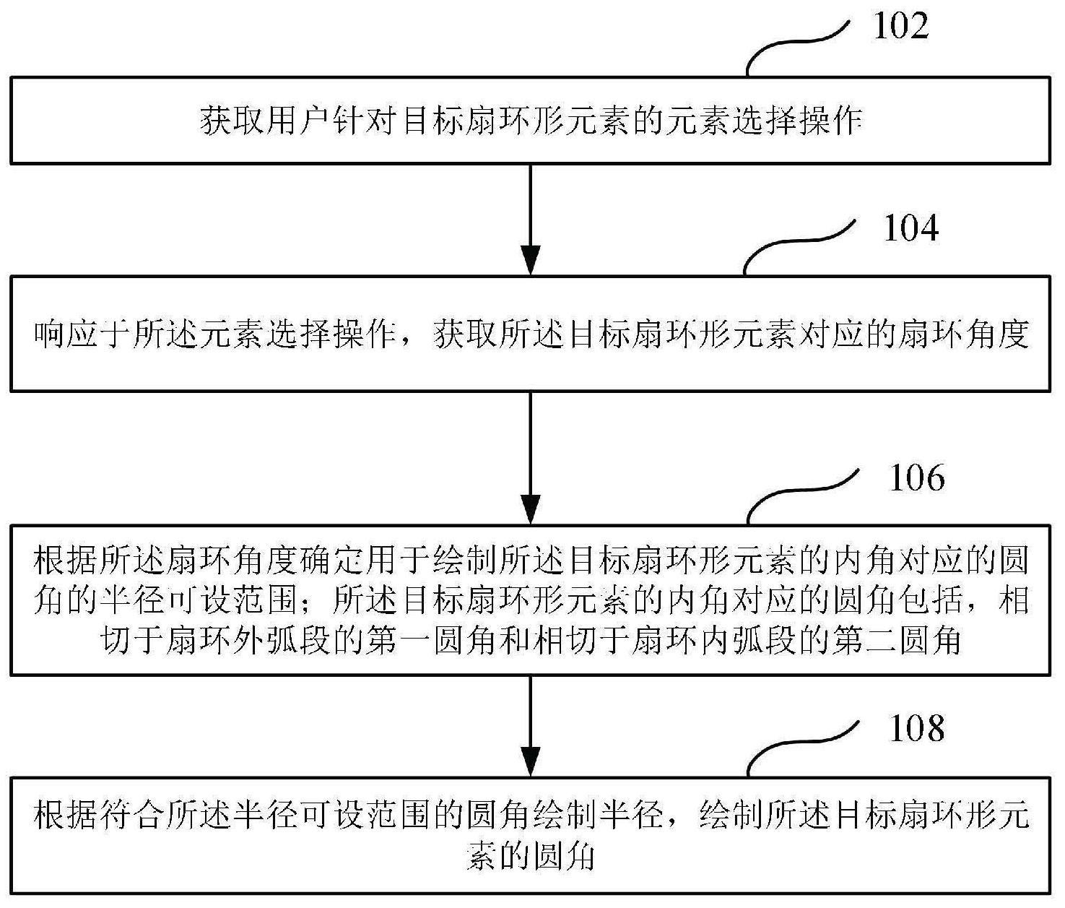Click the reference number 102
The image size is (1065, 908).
click(x=901, y=26)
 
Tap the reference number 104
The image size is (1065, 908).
click(x=911, y=229)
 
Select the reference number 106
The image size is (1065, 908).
click(x=917, y=478)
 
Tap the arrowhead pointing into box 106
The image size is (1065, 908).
click(x=531, y=509)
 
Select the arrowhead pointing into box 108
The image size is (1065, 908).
click(x=531, y=761)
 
